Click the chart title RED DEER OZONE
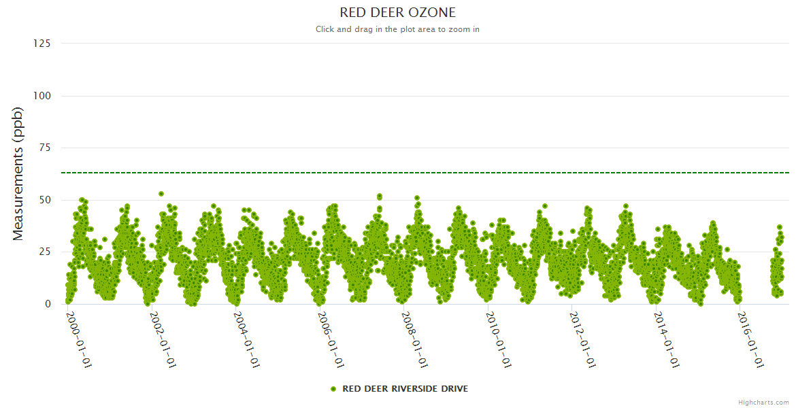(x=398, y=13)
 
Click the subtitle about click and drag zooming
(x=398, y=29)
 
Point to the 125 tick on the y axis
(x=42, y=44)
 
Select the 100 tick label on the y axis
(x=42, y=96)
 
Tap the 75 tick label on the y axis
(x=45, y=148)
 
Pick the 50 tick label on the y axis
(x=45, y=200)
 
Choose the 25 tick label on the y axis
(x=45, y=252)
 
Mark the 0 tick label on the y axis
(x=48, y=304)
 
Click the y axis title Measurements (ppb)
(x=19, y=173)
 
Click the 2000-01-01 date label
(x=79, y=339)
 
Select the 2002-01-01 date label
(x=163, y=339)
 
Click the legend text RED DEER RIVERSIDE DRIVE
(x=405, y=389)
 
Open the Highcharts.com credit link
(x=763, y=403)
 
